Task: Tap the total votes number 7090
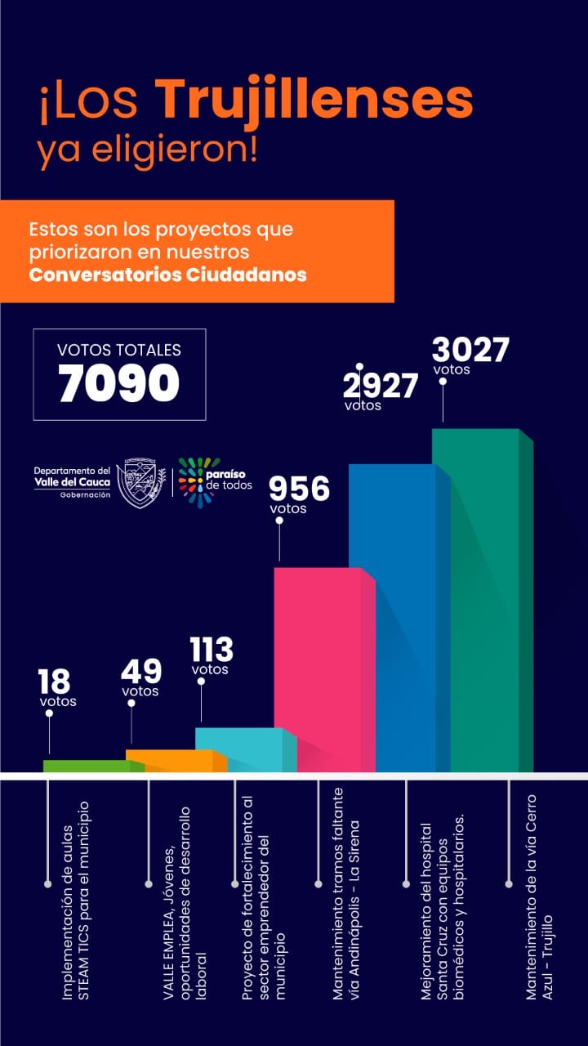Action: (119, 383)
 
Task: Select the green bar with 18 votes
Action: (86, 766)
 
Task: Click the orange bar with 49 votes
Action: (170, 761)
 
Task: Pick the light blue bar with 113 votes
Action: (239, 749)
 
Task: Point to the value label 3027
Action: (470, 350)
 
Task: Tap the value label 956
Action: (300, 489)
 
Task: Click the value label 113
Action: (212, 650)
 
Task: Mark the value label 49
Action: (141, 672)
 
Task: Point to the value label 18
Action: (54, 681)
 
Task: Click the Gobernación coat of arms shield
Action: (140, 482)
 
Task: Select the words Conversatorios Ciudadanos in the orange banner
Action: (167, 275)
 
